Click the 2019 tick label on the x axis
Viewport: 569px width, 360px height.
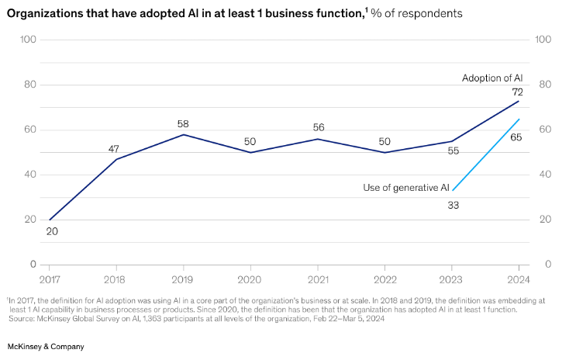pos(181,279)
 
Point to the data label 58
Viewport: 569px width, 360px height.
pos(182,123)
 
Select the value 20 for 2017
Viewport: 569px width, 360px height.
pos(52,230)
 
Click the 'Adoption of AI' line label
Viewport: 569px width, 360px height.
pos(492,78)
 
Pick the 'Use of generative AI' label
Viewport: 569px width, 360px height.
pos(406,188)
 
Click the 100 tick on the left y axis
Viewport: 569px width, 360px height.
pos(29,40)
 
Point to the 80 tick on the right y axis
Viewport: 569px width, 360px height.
pos(544,85)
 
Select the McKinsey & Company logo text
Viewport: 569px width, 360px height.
pos(46,346)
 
